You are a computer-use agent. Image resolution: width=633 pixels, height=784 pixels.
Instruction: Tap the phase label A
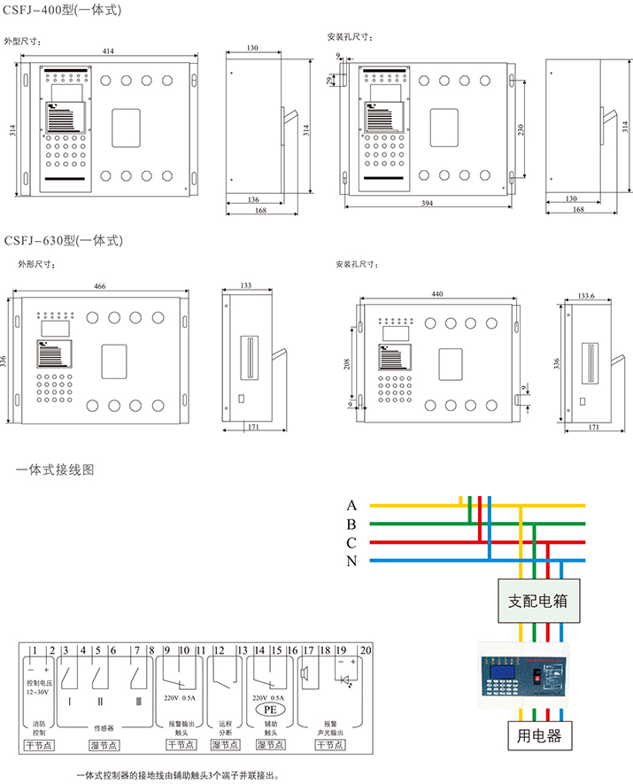(x=352, y=505)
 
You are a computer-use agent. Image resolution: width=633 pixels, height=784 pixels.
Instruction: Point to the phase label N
(x=352, y=560)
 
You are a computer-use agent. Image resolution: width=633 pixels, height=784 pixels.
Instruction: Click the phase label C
(x=352, y=542)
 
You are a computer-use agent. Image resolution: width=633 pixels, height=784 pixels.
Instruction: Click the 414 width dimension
(x=108, y=52)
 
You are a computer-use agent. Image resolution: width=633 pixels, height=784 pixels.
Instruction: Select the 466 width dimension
(x=100, y=286)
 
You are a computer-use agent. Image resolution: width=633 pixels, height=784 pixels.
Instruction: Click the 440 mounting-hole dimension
(x=437, y=294)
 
